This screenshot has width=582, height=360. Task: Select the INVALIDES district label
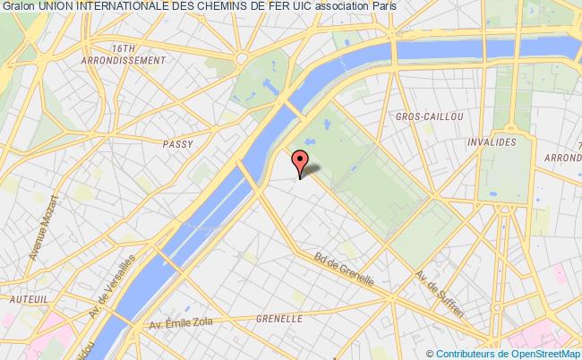tap(491, 142)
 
